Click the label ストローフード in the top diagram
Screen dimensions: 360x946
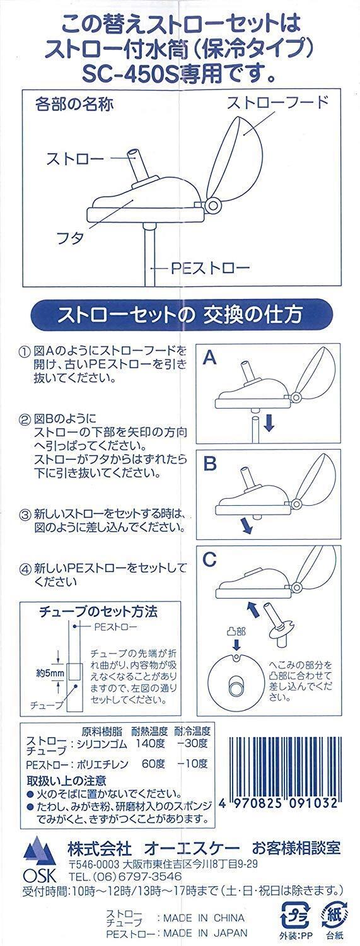(277, 103)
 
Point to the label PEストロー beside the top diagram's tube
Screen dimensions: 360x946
(210, 268)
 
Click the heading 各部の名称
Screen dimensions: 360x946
(74, 104)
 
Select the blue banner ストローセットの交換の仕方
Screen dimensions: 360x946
(180, 315)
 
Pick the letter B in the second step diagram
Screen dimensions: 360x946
(210, 464)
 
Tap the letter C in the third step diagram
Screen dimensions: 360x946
(210, 559)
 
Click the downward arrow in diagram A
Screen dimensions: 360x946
(269, 423)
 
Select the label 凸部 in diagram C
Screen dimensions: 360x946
(236, 631)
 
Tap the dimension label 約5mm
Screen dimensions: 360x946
(50, 673)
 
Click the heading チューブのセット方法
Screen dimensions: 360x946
(98, 610)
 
